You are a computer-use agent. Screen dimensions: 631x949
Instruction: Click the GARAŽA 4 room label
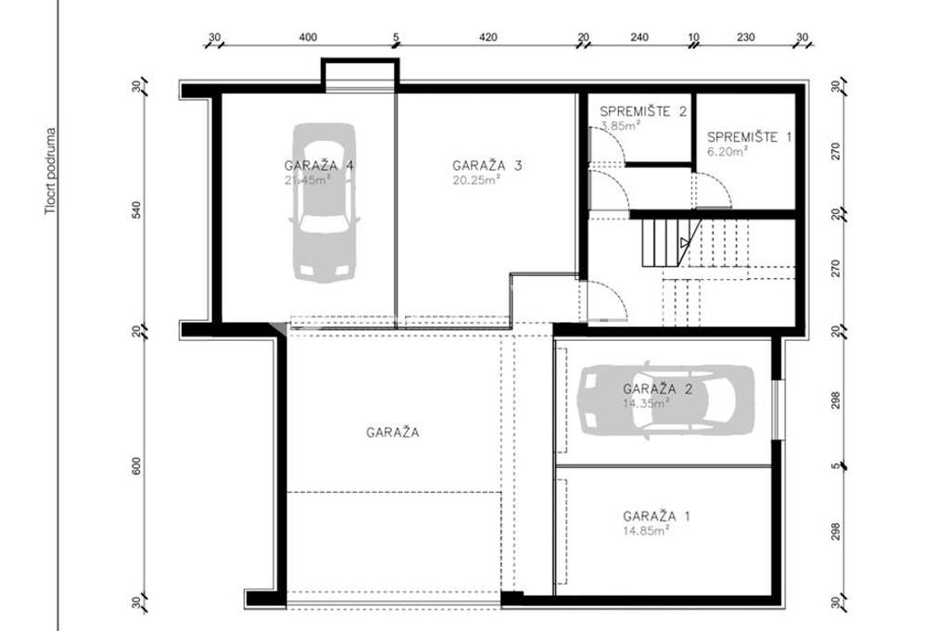point(321,166)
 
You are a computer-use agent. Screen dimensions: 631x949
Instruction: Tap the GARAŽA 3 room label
point(487,166)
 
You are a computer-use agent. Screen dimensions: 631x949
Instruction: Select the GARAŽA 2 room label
point(658,389)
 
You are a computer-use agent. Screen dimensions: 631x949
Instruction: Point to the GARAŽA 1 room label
point(657,516)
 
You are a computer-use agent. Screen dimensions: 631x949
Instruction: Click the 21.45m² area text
point(309,181)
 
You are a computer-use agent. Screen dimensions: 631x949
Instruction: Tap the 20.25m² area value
point(476,181)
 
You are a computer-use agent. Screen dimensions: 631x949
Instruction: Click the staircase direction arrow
point(684,244)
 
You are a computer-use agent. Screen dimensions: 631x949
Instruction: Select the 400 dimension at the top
point(309,38)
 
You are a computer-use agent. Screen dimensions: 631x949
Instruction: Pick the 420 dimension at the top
point(488,38)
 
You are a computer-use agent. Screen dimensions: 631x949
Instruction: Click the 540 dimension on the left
point(136,210)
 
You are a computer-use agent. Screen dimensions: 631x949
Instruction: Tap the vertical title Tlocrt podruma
point(53,172)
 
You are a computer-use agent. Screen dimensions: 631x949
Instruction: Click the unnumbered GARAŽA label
point(393,432)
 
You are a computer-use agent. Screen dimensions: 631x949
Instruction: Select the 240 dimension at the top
point(639,38)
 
